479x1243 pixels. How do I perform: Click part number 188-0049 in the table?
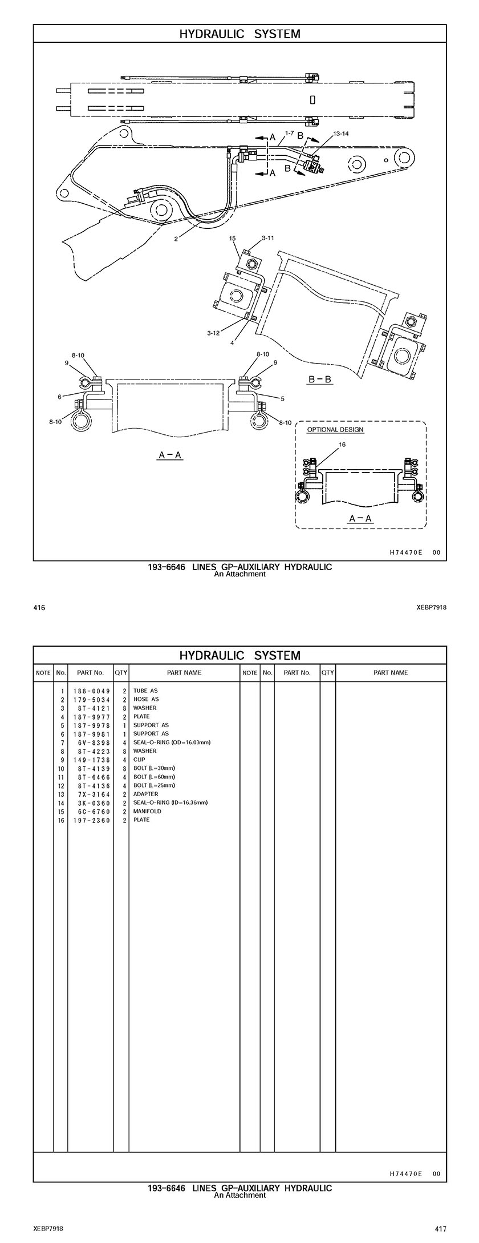click(x=91, y=691)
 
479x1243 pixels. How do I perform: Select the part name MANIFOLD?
click(x=147, y=811)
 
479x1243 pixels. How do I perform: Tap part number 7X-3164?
click(x=91, y=794)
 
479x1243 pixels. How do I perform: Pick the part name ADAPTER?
click(x=146, y=794)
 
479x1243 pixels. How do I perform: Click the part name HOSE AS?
click(x=146, y=699)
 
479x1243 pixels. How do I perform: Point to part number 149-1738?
click(x=91, y=760)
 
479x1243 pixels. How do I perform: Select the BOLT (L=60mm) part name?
click(x=154, y=777)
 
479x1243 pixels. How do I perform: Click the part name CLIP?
click(x=139, y=760)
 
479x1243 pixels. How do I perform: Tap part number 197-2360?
click(x=91, y=820)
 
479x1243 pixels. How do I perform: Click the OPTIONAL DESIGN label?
click(x=335, y=430)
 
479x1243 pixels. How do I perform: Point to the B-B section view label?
click(x=320, y=380)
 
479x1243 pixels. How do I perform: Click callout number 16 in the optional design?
click(x=342, y=445)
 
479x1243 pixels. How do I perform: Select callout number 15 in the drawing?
click(x=233, y=238)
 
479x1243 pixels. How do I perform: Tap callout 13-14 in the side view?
click(x=341, y=134)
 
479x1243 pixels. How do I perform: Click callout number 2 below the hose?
click(x=176, y=239)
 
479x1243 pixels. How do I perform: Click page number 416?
click(x=39, y=608)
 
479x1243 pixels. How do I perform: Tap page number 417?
click(x=440, y=1229)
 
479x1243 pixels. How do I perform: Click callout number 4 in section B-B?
click(x=232, y=343)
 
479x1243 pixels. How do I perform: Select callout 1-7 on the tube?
click(x=289, y=134)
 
